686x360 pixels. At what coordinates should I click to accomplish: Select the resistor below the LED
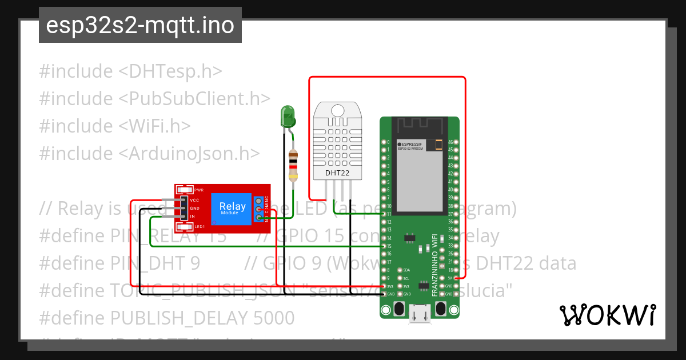point(293,165)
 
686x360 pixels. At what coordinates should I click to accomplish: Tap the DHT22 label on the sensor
point(338,172)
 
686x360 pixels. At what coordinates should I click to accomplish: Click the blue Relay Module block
point(232,208)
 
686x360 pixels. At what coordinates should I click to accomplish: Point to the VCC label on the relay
point(194,200)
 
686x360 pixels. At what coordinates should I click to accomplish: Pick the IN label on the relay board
point(193,217)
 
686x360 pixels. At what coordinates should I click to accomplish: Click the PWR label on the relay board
point(199,190)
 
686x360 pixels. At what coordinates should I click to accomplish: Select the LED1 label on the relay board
point(200,227)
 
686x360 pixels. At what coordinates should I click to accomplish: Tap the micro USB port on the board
point(420,314)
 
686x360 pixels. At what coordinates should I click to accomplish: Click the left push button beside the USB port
point(400,309)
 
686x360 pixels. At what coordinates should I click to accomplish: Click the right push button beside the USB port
point(441,309)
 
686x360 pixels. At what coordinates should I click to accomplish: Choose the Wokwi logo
point(607,315)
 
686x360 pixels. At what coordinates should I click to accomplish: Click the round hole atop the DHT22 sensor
point(337,110)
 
